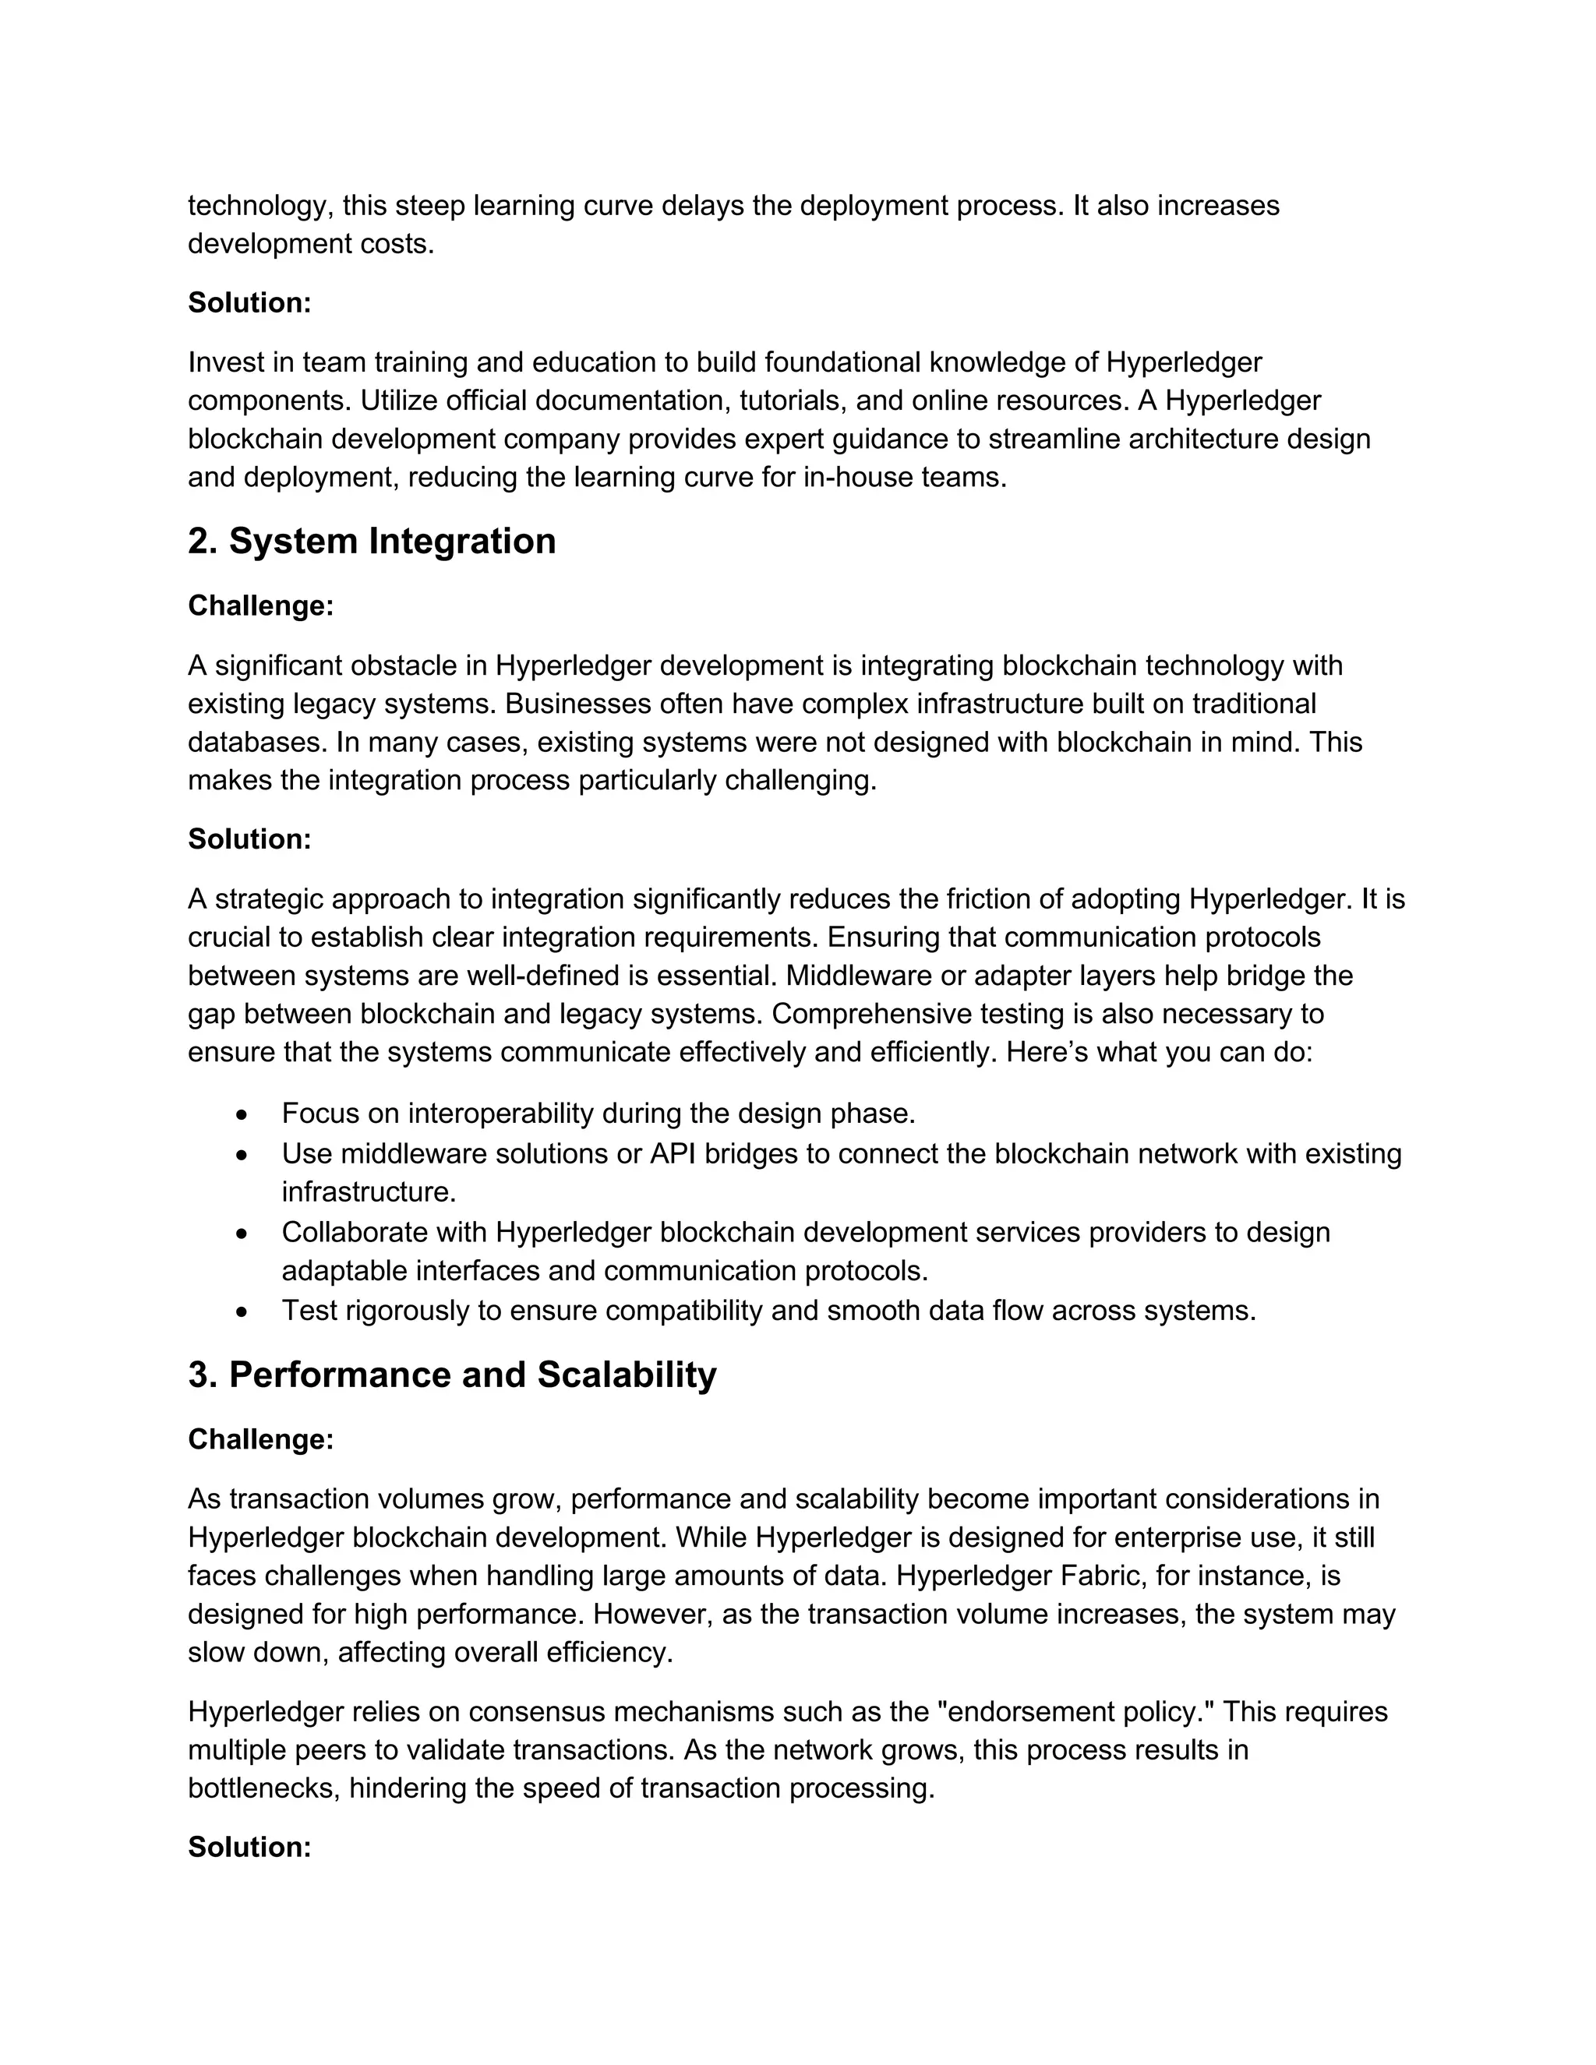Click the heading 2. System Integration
372,542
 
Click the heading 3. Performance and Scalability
452,1375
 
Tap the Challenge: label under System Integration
261,606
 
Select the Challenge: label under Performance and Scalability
261,1439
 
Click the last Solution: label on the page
249,1847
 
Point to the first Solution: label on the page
249,302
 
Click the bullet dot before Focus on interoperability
243,1116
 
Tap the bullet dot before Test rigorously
243,1312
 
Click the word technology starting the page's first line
260,206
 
